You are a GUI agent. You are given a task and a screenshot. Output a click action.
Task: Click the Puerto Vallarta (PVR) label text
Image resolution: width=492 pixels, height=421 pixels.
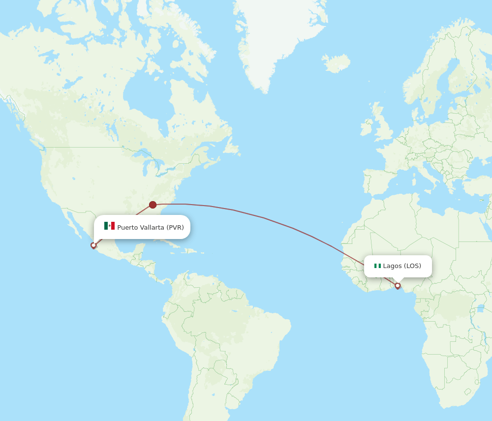[150, 227]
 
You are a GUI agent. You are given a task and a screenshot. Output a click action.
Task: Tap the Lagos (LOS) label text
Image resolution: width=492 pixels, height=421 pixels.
[402, 266]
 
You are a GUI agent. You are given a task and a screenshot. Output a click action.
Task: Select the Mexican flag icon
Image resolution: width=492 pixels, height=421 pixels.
[109, 226]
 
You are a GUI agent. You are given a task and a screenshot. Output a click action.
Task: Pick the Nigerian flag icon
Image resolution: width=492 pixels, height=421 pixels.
[377, 266]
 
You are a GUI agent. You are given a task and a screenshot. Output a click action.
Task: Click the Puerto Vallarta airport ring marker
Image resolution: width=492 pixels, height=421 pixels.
[93, 245]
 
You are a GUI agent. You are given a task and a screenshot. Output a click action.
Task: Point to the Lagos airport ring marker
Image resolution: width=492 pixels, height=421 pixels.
[398, 285]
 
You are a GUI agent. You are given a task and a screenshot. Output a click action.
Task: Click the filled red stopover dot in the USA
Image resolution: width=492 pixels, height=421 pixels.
[153, 205]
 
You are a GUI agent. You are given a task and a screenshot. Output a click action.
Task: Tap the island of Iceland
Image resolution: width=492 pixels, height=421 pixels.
[337, 63]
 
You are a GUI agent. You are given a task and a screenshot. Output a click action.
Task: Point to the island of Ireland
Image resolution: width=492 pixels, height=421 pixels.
[367, 127]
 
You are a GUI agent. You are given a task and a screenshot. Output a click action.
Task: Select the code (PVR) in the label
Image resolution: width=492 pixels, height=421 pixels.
[175, 227]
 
